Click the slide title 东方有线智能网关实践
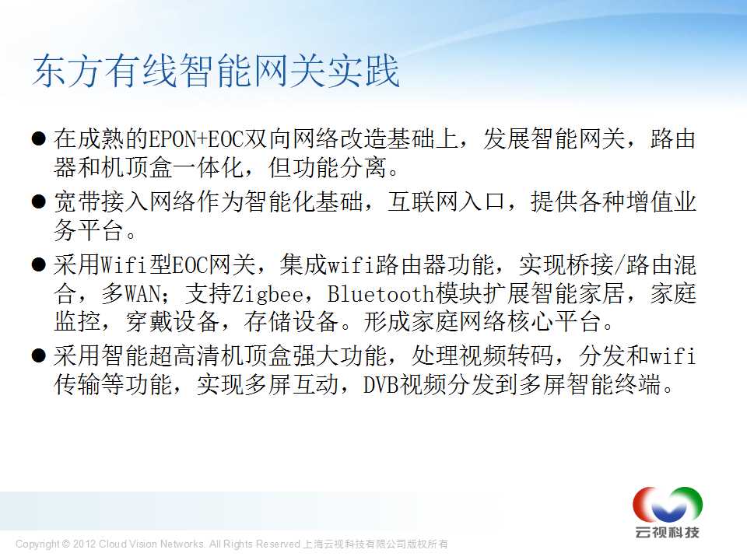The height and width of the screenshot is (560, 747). (216, 71)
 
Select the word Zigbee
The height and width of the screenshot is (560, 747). (268, 294)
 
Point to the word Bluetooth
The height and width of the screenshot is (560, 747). (381, 293)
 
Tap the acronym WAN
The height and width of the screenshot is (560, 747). (142, 293)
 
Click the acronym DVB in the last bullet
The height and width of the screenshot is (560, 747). (381, 385)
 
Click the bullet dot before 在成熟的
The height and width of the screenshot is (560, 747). (39, 139)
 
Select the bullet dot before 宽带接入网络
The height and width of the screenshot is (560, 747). (39, 202)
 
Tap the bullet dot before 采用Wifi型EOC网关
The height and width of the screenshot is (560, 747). (39, 264)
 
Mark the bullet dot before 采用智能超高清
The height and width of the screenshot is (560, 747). (39, 355)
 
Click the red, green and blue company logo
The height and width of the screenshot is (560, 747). (667, 505)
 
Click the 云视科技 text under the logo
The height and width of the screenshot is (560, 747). (667, 532)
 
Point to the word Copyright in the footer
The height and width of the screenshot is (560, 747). (37, 544)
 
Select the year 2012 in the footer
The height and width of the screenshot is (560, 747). (84, 544)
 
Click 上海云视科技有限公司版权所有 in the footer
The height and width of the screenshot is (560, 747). (375, 544)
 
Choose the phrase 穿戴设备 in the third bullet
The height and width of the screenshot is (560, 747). (173, 322)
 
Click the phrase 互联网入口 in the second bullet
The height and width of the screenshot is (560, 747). (446, 202)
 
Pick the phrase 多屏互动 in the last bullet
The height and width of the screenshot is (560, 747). (267, 385)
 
